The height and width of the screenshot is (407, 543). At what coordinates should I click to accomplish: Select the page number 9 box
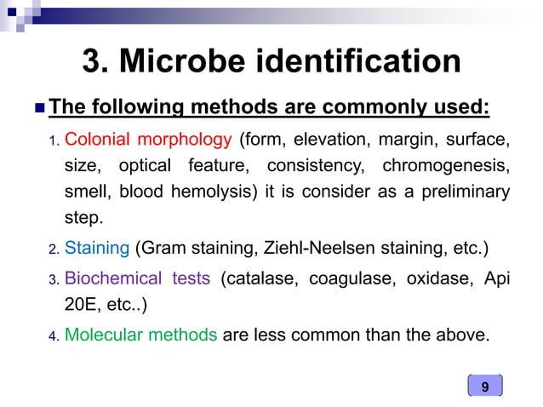(x=485, y=387)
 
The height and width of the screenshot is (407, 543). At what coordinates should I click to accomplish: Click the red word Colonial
(x=96, y=139)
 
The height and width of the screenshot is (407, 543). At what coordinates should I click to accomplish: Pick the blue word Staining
(x=96, y=249)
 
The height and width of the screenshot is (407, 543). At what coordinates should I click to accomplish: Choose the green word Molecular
(x=100, y=335)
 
